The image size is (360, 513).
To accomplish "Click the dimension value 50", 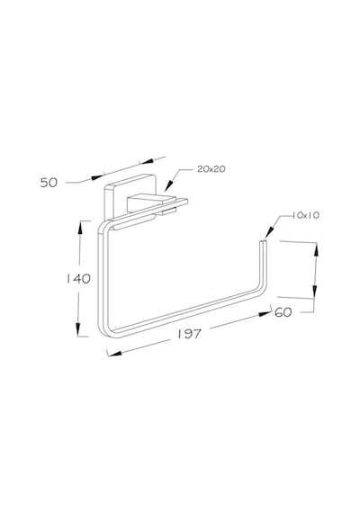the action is point(49,182).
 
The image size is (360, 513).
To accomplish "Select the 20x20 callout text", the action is point(211,169).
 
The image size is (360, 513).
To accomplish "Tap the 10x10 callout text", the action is point(306,215).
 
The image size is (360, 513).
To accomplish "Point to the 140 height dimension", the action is point(78,278).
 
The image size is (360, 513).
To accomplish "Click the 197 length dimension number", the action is point(190,334).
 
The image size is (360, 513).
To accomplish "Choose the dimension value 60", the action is point(283,312).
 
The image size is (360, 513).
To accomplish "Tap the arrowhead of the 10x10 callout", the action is point(268,232).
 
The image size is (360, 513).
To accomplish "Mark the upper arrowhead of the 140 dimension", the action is point(79,228).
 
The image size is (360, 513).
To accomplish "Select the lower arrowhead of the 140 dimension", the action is point(78,329).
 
